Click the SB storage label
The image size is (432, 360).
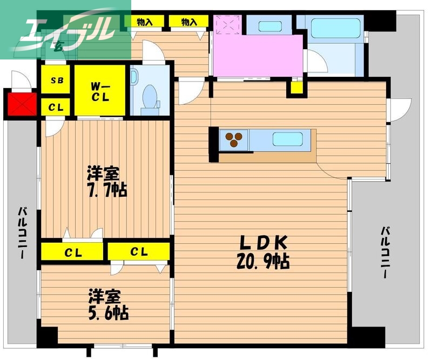click(57, 81)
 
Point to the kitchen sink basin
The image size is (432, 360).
click(287, 138)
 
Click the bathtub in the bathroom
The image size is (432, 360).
click(335, 27)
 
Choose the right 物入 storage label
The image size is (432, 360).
click(188, 22)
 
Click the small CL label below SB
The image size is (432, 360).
click(57, 107)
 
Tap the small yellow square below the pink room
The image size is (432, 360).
click(295, 87)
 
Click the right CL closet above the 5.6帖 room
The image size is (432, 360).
click(139, 251)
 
